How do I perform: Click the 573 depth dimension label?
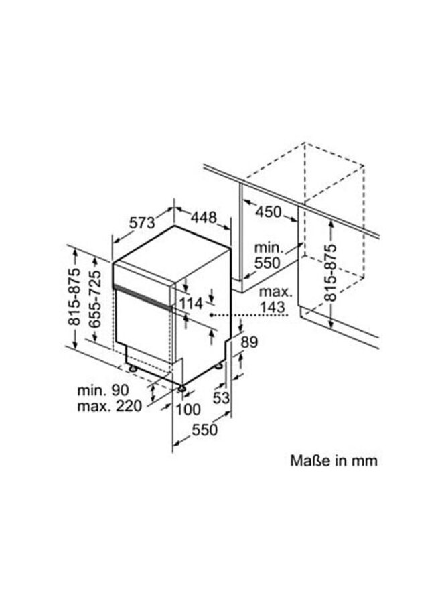pos(142,224)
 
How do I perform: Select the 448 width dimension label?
pos(203,218)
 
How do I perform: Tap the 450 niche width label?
pos(268,212)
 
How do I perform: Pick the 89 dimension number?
pos(248,342)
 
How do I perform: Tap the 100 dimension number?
pos(188,409)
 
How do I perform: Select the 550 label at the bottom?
pos(205,430)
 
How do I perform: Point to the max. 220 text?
pos(109,407)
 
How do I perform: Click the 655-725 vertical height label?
pos(95,299)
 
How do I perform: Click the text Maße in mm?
pos(334,461)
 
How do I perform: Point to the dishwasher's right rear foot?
pos(220,366)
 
